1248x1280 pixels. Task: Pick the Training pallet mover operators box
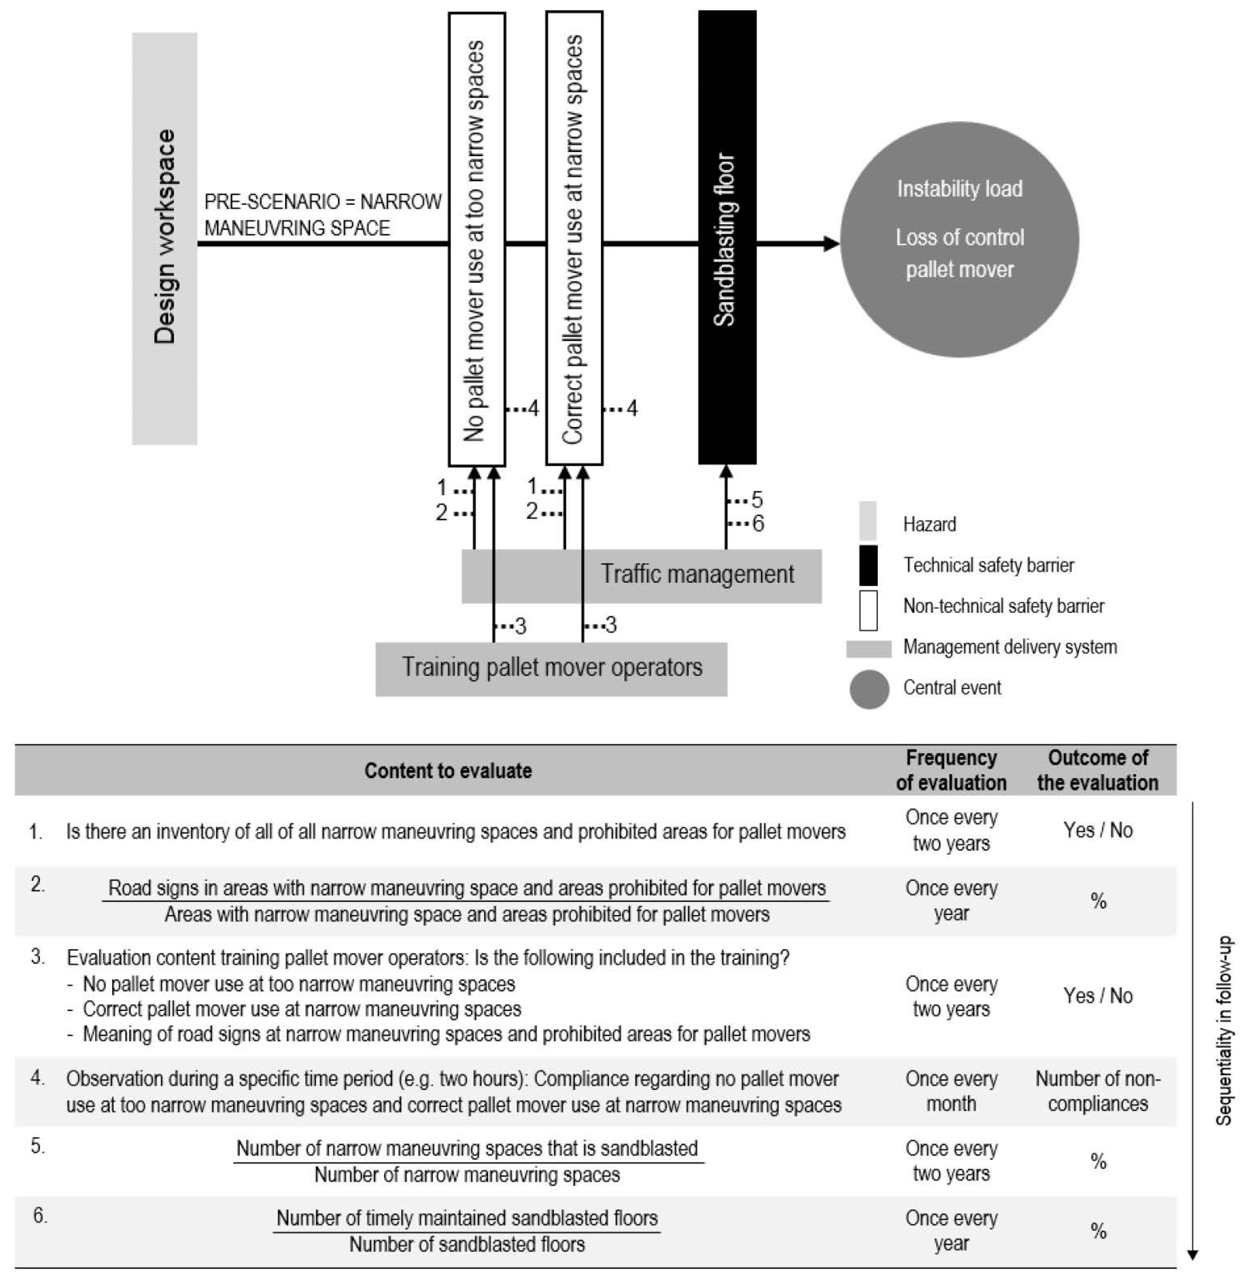point(551,668)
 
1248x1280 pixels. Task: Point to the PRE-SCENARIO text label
point(322,214)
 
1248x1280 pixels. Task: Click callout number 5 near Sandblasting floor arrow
point(757,500)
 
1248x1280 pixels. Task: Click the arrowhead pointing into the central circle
point(831,244)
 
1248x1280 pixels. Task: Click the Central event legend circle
point(869,689)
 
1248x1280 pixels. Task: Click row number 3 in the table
point(37,957)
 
